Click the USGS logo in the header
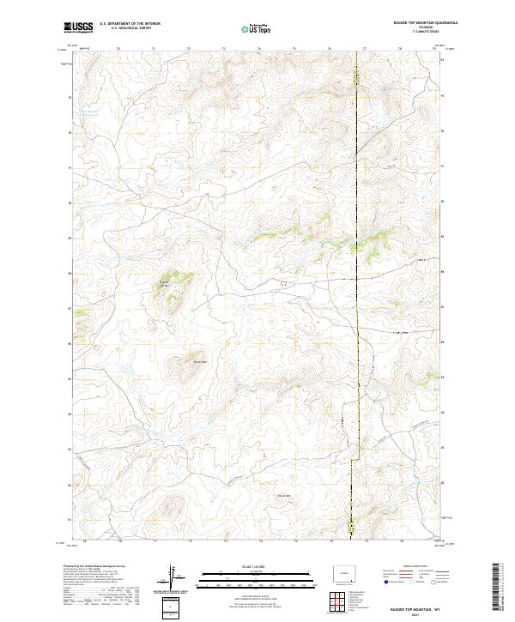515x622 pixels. [x=78, y=28]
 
